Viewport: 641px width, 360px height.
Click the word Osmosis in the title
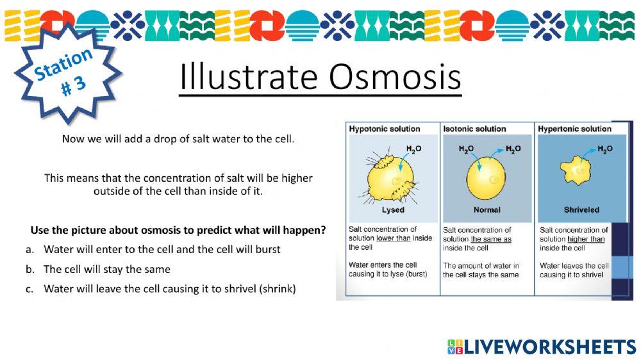[x=395, y=76]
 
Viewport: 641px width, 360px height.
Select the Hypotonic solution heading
[x=384, y=129]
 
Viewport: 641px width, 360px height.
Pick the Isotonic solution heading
[x=474, y=129]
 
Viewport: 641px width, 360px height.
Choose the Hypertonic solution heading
[x=574, y=129]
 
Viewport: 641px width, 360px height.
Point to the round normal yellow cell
[x=486, y=179]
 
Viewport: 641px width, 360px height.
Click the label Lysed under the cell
[x=393, y=210]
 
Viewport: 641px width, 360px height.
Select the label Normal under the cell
[x=487, y=210]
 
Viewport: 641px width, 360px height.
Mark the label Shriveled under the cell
[x=581, y=210]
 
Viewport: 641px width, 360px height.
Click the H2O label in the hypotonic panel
[x=413, y=149]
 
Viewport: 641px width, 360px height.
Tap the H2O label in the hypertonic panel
[x=605, y=149]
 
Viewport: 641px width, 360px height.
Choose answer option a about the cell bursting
[x=153, y=249]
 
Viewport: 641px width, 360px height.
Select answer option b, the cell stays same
[x=97, y=269]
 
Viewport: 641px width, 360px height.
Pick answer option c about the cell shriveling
[x=161, y=289]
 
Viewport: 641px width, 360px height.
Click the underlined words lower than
[x=394, y=238]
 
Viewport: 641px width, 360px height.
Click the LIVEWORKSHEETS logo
[x=542, y=347]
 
